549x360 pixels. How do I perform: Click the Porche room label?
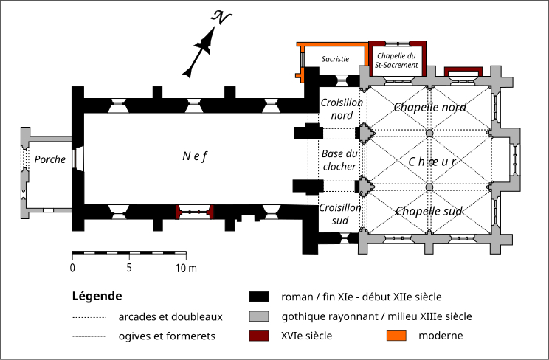click(x=49, y=159)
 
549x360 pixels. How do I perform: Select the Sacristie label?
click(x=335, y=59)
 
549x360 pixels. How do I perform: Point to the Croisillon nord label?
click(x=341, y=109)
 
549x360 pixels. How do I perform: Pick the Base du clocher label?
click(x=340, y=160)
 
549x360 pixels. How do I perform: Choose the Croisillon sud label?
click(x=340, y=214)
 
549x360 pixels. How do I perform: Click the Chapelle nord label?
click(x=429, y=108)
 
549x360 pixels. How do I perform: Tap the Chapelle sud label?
click(x=429, y=212)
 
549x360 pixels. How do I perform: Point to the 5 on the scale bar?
click(x=129, y=267)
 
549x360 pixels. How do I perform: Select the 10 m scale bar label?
click(x=186, y=267)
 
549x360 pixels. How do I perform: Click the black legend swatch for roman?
click(x=258, y=297)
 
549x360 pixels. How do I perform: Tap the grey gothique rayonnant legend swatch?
click(x=258, y=317)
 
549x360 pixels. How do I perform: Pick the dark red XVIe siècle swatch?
click(x=258, y=336)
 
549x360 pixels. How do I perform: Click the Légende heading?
click(x=97, y=297)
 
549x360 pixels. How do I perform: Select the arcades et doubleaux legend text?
click(x=170, y=317)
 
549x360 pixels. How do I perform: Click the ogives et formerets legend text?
click(x=166, y=336)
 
